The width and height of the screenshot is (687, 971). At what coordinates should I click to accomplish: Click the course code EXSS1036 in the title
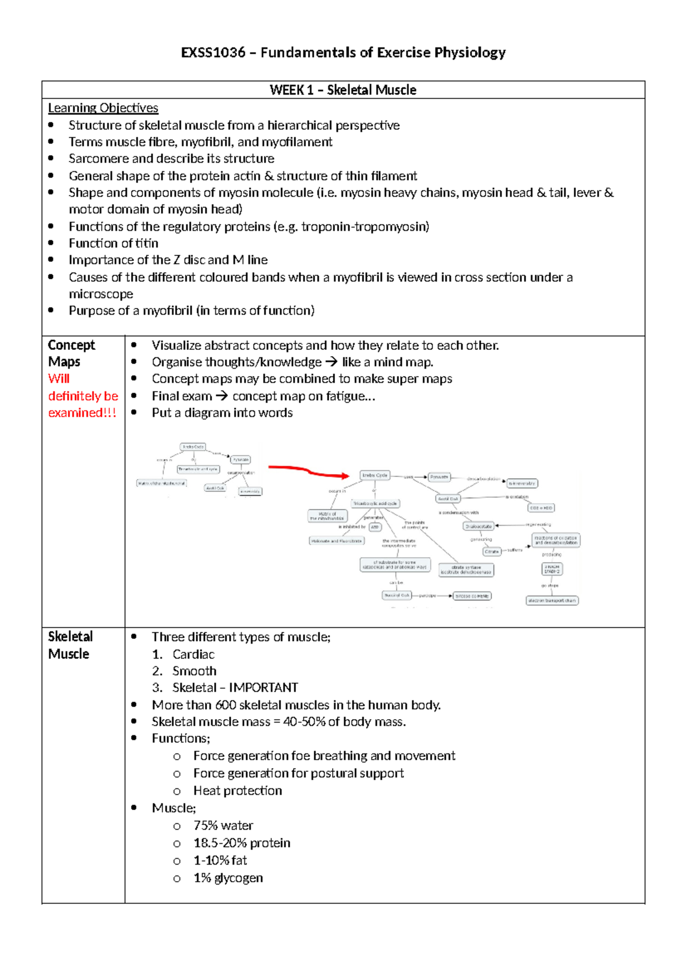213,53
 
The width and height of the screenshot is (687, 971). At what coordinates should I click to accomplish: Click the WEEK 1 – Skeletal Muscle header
343,90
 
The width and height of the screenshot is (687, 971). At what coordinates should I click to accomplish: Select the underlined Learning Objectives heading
103,108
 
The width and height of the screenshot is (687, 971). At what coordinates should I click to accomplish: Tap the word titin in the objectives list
147,243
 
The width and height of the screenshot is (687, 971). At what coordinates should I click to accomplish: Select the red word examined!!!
82,413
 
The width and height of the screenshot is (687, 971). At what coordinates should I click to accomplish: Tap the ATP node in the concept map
375,527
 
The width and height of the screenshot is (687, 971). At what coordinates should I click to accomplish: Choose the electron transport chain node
552,601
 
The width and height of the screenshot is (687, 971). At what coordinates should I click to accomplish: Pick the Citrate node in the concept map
492,551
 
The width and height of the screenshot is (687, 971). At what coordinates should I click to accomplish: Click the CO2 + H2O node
541,508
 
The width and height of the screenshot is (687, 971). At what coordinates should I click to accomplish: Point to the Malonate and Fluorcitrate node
337,540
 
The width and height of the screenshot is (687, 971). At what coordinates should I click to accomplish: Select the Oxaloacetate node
479,526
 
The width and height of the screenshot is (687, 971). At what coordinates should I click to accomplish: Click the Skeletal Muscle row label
69,645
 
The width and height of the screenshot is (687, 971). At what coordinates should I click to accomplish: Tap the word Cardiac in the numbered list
194,654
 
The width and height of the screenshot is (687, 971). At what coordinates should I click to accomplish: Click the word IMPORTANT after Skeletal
263,688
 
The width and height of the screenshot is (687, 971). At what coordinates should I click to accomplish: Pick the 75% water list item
223,826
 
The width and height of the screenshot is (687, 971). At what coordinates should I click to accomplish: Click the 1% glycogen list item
228,878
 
